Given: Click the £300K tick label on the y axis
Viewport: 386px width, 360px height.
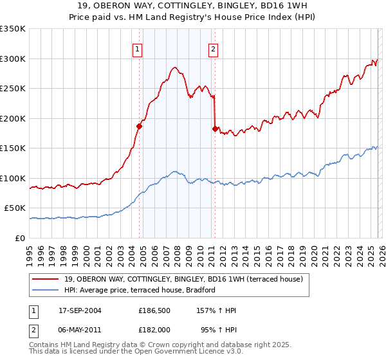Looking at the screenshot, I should click(13, 59).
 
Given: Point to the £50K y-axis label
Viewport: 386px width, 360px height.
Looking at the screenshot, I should click(15, 208).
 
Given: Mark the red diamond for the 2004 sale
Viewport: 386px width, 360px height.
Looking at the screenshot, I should click(139, 126).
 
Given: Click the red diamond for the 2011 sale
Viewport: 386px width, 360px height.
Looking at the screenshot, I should click(215, 129).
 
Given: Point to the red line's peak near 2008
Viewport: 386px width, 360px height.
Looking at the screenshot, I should click(174, 67).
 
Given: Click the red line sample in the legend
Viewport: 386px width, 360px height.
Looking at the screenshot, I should click(46, 278).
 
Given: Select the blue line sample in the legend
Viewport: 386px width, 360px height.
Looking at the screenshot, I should click(46, 290).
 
